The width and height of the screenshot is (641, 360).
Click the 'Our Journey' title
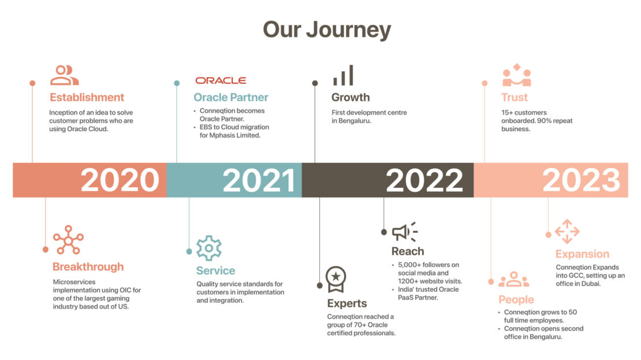coord(327,30)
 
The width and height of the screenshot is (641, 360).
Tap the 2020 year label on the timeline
coord(120,180)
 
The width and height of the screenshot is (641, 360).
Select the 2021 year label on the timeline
coord(259,180)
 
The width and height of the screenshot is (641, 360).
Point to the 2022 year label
coord(424,180)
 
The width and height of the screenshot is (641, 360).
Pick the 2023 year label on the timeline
coord(581,180)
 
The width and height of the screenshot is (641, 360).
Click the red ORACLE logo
coord(221,80)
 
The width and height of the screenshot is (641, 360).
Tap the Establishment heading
coord(87,97)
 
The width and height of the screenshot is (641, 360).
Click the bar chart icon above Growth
coord(343,75)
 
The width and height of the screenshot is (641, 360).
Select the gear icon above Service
coord(209,248)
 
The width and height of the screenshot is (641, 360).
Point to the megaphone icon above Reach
coord(405,232)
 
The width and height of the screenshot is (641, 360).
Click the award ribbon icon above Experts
coord(336,279)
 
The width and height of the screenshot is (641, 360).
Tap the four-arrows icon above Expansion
coord(567,232)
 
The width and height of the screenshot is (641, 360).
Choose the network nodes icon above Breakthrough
coord(68,240)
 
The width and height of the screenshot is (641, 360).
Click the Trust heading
coord(515,97)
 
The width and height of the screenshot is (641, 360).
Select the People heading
coord(516,300)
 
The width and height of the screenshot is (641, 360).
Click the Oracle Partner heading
coord(231,97)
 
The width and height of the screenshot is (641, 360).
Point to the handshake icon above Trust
coord(517,75)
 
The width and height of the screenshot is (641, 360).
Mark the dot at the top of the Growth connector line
coord(315,83)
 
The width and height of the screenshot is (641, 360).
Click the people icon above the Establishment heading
coord(64,75)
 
